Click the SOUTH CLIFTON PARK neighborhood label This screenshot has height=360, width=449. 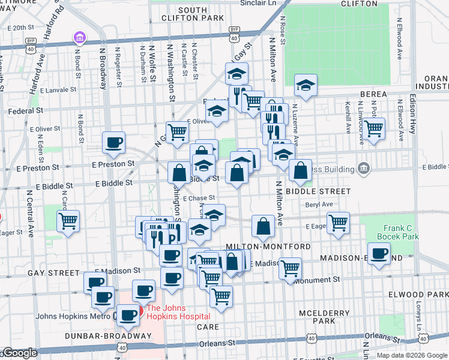coord(192,14)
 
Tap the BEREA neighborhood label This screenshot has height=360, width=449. coord(376,94)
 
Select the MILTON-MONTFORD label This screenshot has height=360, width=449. coord(268,247)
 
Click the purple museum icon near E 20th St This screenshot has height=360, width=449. coord(79,39)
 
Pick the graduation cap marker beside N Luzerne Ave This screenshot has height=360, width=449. coord(306,85)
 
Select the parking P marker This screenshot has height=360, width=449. coord(172,238)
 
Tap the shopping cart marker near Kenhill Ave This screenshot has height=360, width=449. coord(374,128)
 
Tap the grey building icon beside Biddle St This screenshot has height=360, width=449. coord(363,169)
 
